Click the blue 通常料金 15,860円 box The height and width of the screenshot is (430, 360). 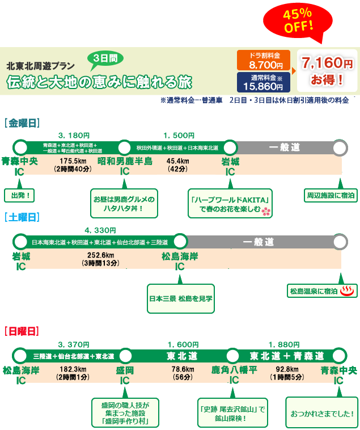[x=263, y=82]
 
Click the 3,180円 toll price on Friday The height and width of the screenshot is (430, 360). [x=74, y=135]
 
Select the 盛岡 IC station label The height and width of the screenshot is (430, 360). [x=125, y=375]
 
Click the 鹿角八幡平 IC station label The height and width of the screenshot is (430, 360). [x=234, y=375]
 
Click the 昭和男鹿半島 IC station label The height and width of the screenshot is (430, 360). [x=125, y=166]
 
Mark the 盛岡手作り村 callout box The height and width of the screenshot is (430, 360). [x=125, y=413]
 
